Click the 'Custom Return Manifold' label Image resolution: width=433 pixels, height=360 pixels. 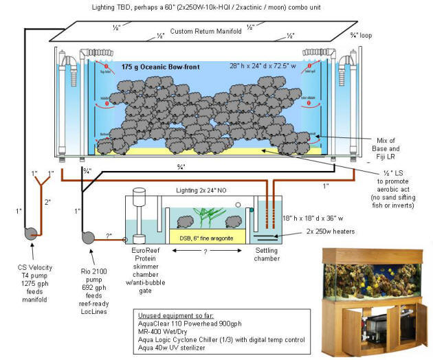(x=201, y=32)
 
